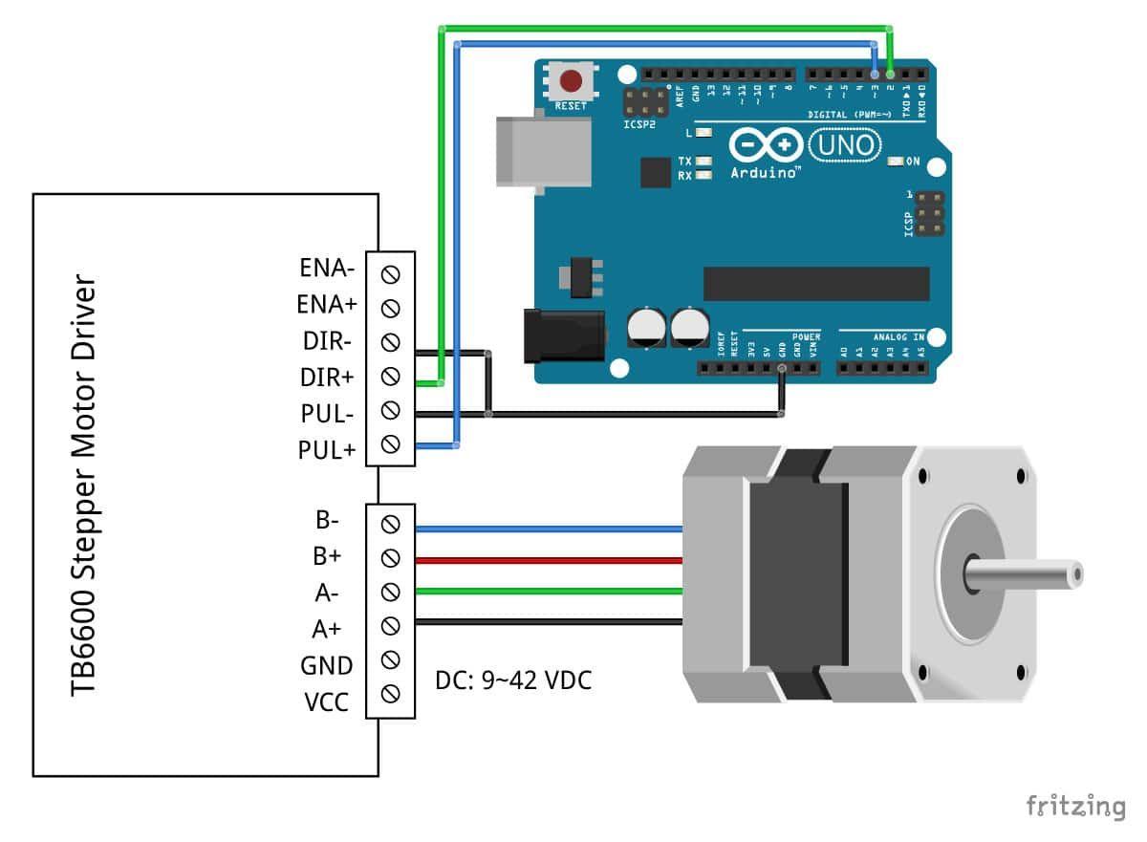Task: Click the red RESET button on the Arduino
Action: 572,80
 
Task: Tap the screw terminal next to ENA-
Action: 390,273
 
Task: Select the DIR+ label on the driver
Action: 328,377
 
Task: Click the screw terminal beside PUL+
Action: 390,444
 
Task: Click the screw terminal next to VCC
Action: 390,693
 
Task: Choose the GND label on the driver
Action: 328,665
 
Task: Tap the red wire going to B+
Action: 545,558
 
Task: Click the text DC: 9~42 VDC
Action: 513,680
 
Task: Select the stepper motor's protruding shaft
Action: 1028,574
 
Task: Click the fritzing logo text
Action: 1076,805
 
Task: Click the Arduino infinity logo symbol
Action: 766,145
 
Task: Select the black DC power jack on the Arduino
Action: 564,335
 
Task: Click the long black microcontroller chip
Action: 815,283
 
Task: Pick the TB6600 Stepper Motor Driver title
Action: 84,487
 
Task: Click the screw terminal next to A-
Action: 390,592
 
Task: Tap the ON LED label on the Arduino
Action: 913,162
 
